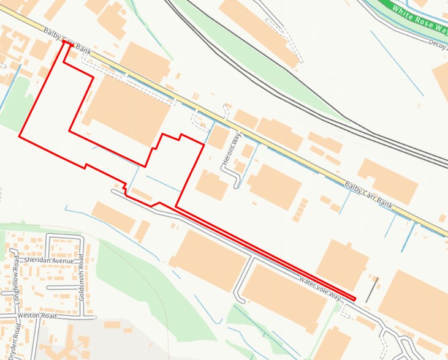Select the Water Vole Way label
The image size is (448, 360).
(319, 287)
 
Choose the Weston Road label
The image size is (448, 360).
(37, 315)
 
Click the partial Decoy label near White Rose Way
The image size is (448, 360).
(438, 43)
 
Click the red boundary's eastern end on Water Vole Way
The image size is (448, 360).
(354, 299)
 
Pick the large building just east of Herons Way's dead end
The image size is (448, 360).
(274, 186)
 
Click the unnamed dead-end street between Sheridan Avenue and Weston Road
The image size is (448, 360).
(64, 287)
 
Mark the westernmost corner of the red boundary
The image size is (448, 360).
(20, 137)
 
